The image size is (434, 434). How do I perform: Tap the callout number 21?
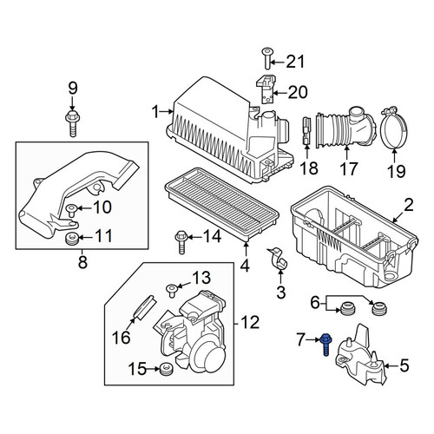coord(295,62)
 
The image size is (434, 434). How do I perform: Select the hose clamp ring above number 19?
coord(394,128)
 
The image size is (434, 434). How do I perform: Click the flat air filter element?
coord(222,203)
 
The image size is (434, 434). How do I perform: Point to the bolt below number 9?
coord(72,123)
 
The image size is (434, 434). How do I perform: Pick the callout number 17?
coord(348,168)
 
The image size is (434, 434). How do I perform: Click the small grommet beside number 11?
coord(71,238)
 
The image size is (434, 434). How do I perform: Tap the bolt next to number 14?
coord(181,242)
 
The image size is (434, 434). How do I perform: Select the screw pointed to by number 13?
coord(172,290)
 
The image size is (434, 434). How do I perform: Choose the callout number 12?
coord(250,322)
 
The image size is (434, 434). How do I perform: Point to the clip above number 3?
coord(277,258)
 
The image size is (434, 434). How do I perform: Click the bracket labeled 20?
coord(266,89)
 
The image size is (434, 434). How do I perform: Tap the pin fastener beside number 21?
coord(266,58)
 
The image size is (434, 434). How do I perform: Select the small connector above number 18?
coord(306,131)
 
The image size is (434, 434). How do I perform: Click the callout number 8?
coord(82,262)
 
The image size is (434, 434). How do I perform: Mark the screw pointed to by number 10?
coord(71,210)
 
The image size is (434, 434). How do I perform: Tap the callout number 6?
coord(315,303)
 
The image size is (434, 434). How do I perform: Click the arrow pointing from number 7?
coord(313,339)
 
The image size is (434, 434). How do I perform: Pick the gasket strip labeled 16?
coord(144,307)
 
